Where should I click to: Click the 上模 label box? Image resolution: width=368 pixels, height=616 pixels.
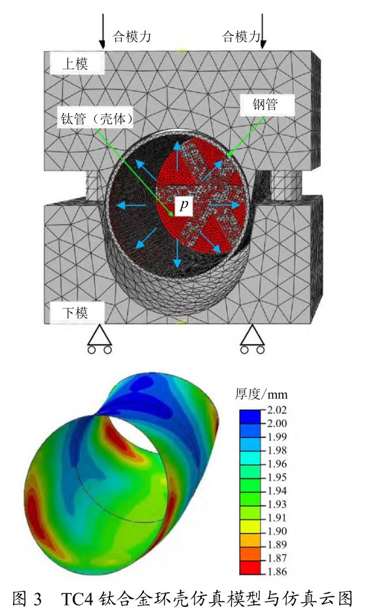coord(77,63)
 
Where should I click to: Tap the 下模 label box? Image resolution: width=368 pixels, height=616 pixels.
coord(77,313)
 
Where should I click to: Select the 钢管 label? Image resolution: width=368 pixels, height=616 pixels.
coord(267,105)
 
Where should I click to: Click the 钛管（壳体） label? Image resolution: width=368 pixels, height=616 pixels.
coord(96,118)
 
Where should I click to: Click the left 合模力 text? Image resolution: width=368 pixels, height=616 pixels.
coord(132,37)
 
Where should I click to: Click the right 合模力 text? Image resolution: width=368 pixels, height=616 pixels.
coord(241,37)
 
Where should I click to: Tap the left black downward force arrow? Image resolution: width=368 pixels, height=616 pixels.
coord(103,31)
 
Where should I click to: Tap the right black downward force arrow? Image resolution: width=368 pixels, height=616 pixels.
coord(263,31)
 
